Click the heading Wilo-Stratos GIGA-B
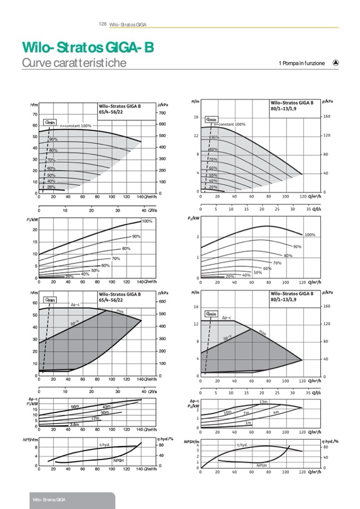pyautogui.click(x=88, y=48)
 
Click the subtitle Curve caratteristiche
pyautogui.click(x=74, y=63)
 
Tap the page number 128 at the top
pyautogui.click(x=103, y=24)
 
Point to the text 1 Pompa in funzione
pyautogui.click(x=301, y=63)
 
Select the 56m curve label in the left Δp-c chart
pyautogui.click(x=75, y=407)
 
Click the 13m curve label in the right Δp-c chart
pyautogui.click(x=263, y=402)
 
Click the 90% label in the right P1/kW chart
pyautogui.click(x=297, y=247)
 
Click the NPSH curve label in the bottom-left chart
pyautogui.click(x=118, y=461)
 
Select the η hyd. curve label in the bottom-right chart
pyautogui.click(x=242, y=444)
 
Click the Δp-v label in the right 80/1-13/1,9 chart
pyautogui.click(x=227, y=338)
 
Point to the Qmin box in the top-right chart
pyautogui.click(x=211, y=119)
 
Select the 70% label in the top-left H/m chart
pyautogui.click(x=52, y=160)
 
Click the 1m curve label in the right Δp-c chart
pyautogui.click(x=248, y=422)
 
